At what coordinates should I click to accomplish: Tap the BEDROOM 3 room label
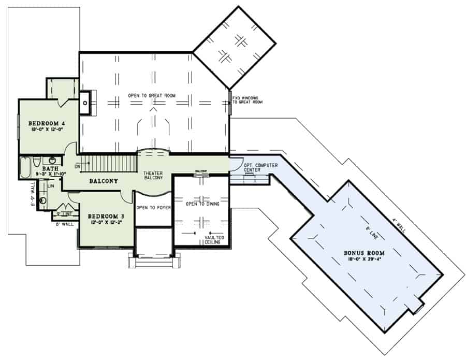pyautogui.click(x=105, y=216)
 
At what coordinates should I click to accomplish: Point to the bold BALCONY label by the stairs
pyautogui.click(x=104, y=181)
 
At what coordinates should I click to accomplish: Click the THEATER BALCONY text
pyautogui.click(x=153, y=175)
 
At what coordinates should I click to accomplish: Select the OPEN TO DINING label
pyautogui.click(x=202, y=204)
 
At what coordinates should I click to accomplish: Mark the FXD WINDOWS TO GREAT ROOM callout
pyautogui.click(x=247, y=99)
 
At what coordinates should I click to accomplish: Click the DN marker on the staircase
pyautogui.click(x=78, y=166)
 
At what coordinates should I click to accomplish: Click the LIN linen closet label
pyautogui.click(x=51, y=185)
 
